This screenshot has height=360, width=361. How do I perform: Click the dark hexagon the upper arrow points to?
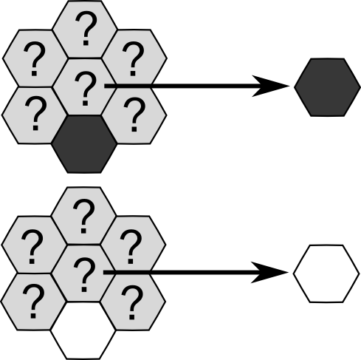(328, 87)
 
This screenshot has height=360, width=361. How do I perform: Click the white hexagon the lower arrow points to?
(326, 274)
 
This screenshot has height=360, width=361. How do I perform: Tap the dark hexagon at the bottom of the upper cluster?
(85, 144)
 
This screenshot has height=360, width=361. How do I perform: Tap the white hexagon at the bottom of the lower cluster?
(83, 330)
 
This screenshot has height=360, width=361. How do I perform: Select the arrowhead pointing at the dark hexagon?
(271, 86)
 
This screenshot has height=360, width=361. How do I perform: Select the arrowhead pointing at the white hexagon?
(269, 273)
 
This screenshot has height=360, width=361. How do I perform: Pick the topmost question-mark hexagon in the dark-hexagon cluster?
(85, 30)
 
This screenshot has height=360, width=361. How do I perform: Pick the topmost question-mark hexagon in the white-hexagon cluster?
(83, 216)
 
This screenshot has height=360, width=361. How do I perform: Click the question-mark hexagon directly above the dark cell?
(85, 86)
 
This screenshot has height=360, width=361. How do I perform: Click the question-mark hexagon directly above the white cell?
(83, 273)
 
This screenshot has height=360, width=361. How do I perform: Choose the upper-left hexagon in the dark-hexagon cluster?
(35, 58)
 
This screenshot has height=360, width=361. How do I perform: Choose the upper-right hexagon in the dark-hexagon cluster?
(134, 58)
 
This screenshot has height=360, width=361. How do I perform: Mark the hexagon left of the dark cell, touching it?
(35, 115)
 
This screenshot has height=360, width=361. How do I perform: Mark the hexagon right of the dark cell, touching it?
(134, 115)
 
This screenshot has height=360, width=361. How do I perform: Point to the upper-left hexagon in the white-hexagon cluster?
(34, 245)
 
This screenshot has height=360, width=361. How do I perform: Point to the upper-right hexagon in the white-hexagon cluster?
(133, 245)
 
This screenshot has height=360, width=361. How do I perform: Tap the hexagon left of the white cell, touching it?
(33, 302)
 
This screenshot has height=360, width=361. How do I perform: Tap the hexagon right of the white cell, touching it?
(133, 302)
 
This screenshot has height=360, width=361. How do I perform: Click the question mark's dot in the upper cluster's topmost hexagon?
(86, 43)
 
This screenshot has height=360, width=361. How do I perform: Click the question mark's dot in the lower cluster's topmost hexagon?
(83, 231)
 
